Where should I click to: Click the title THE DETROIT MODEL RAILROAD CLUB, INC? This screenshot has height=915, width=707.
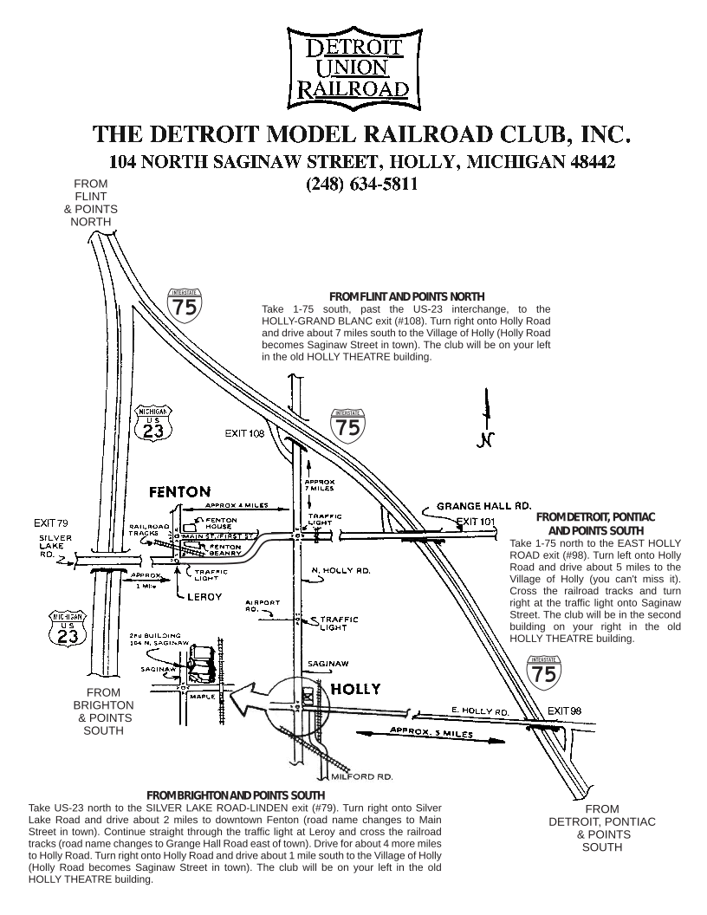click(361, 135)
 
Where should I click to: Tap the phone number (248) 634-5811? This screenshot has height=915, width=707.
click(361, 184)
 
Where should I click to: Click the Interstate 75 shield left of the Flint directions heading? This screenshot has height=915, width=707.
click(185, 305)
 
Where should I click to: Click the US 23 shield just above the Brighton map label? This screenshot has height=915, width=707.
click(69, 631)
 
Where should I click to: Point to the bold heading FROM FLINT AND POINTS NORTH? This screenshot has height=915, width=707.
click(406, 296)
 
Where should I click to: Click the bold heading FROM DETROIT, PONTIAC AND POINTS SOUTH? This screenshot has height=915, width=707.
click(595, 522)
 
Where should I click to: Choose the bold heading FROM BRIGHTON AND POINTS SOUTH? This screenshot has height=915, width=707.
click(236, 795)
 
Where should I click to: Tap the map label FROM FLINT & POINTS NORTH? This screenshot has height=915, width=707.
click(91, 203)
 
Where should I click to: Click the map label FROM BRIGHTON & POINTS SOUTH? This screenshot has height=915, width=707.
click(104, 711)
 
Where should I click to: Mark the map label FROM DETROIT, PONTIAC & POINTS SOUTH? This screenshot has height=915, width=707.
click(601, 828)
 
